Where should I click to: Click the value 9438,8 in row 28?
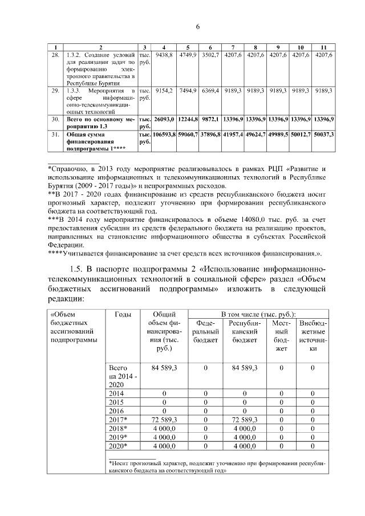[x=164, y=55]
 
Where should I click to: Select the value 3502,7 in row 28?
[x=210, y=55]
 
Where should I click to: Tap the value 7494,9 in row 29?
[x=188, y=91]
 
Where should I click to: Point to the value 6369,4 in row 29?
[x=210, y=91]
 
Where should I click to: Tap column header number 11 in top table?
[x=323, y=46]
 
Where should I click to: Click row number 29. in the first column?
[x=55, y=91]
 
